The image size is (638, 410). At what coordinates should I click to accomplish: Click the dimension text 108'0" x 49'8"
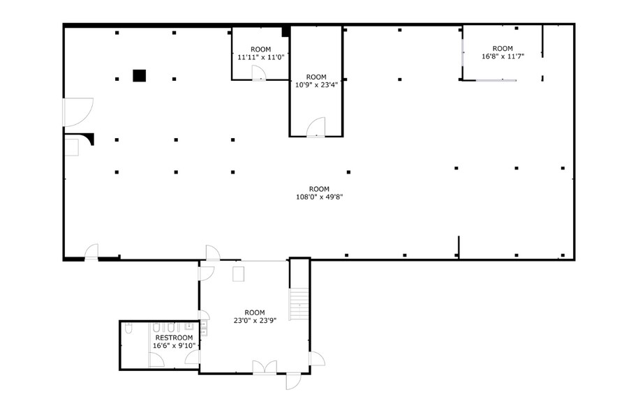319,197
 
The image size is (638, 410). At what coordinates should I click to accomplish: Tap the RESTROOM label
174,337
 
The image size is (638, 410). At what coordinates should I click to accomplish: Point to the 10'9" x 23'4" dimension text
316,85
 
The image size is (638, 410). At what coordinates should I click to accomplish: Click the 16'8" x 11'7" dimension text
503,56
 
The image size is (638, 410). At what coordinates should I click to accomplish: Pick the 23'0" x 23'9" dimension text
255,320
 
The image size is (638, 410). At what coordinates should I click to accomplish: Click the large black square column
140,75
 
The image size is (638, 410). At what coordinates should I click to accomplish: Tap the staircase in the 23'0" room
299,304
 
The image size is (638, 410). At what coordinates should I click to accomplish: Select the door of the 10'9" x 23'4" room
316,127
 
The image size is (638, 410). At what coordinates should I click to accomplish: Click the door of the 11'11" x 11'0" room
258,73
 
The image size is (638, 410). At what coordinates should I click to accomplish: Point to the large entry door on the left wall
77,112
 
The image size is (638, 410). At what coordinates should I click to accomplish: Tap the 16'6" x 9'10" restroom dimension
174,345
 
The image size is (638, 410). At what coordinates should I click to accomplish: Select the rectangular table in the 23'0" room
239,273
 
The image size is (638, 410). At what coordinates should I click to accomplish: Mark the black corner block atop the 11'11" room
285,31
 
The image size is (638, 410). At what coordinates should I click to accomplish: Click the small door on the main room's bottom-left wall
91,252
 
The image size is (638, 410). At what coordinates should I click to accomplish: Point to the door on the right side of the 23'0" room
316,358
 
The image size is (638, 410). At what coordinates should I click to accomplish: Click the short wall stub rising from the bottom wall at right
459,247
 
